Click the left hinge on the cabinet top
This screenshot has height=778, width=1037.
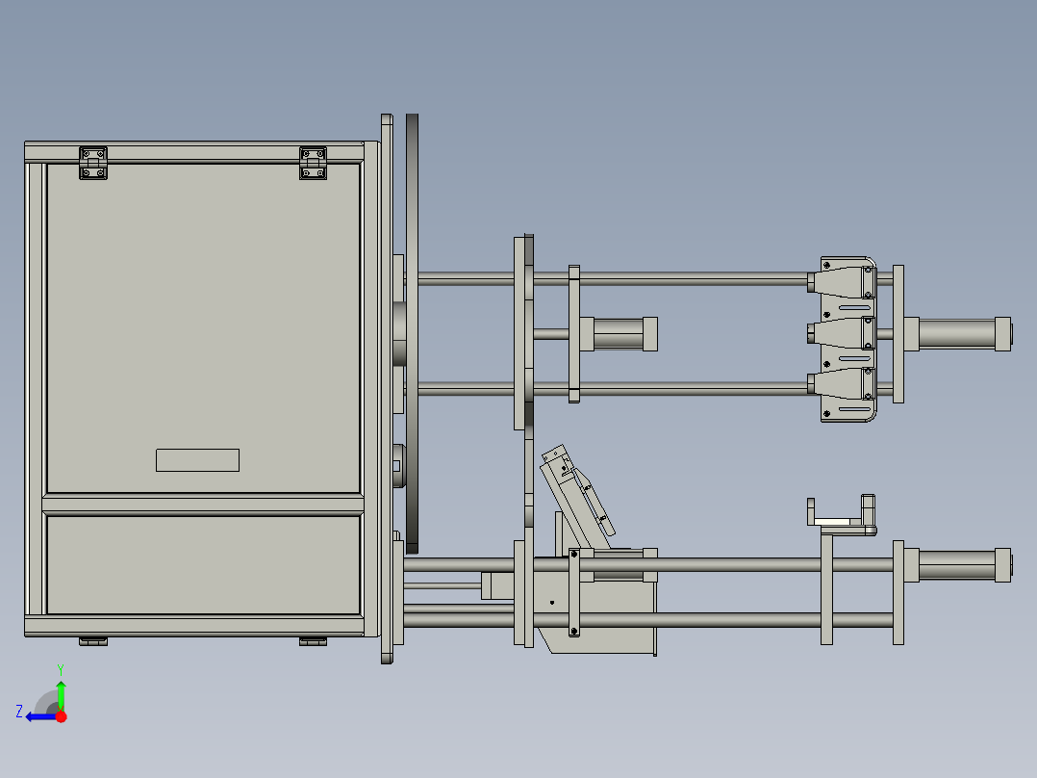[x=93, y=163]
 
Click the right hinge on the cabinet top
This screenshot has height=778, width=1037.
[x=313, y=163]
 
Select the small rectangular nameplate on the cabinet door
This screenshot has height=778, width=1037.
[x=198, y=460]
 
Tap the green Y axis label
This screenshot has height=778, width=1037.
[x=61, y=669]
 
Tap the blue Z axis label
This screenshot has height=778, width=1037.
[x=19, y=712]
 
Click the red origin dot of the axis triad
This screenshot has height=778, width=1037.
[x=61, y=716]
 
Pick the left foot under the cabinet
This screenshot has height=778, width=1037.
[x=93, y=641]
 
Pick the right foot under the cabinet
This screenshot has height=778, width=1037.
[x=313, y=641]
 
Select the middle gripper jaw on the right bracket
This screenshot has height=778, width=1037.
[x=841, y=332]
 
